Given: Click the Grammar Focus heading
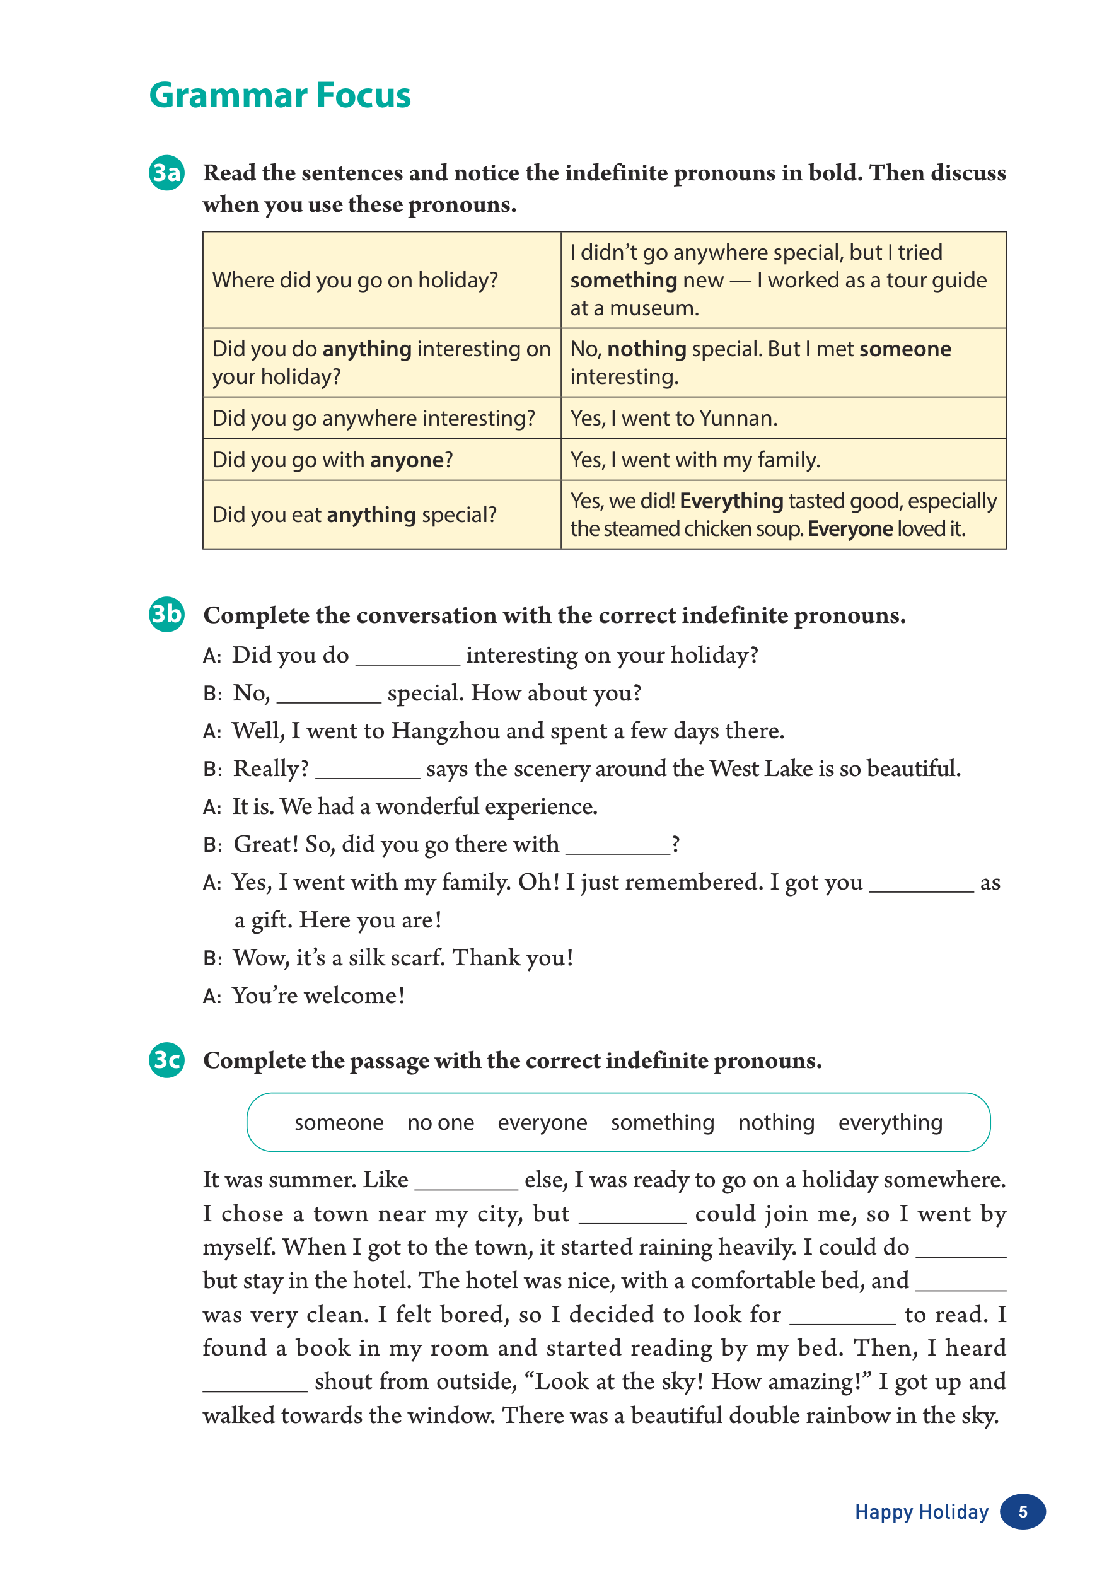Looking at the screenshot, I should tap(279, 95).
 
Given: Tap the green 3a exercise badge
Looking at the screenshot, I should tap(166, 173).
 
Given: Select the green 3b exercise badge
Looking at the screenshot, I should tap(166, 613).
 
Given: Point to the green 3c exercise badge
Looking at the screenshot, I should tap(166, 1059).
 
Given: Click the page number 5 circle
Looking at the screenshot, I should tap(1022, 1512).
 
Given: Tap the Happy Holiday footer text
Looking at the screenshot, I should tap(922, 1512).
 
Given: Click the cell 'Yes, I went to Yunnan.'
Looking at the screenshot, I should tap(674, 419).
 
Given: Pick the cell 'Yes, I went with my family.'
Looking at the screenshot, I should tap(695, 460).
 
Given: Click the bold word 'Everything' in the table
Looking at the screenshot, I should tap(731, 501).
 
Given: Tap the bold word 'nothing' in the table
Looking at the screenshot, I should tap(647, 349).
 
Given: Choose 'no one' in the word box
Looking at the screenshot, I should tap(440, 1122).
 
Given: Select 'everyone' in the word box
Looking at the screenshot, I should tap(543, 1122).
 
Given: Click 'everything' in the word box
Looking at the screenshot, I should tap(890, 1122).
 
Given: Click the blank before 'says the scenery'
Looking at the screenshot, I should tap(367, 770).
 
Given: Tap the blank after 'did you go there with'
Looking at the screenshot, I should tap(618, 846).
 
